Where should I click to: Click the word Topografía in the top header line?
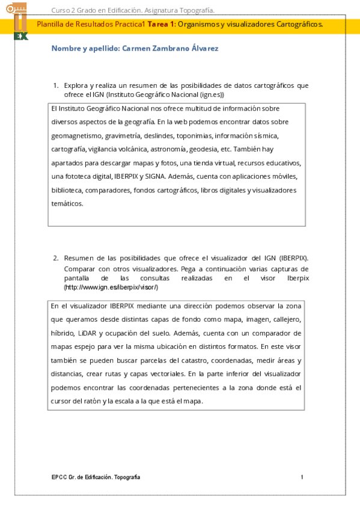197,10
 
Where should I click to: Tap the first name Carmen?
138,48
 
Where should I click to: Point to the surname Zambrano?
175,48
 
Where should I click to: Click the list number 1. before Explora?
56,85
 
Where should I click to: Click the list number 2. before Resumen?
56,258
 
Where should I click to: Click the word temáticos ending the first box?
67,203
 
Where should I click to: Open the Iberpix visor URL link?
111,287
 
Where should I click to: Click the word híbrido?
63,333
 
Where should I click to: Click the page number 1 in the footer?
302,477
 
